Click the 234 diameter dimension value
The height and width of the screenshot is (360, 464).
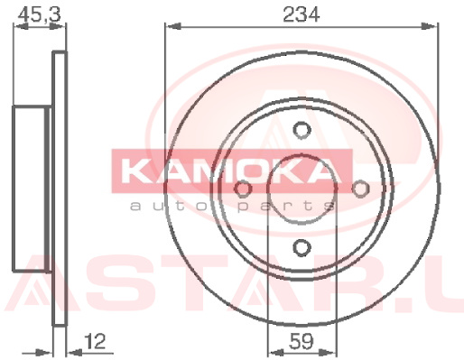(x=302, y=14)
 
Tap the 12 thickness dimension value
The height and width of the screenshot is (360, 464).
(x=95, y=341)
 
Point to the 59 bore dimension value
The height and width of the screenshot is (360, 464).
(x=302, y=341)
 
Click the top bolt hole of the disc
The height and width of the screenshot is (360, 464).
(x=302, y=130)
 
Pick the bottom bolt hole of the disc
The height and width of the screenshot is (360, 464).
(x=302, y=248)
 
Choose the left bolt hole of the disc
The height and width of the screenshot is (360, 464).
(x=243, y=189)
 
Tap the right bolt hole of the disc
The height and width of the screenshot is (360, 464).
(x=360, y=189)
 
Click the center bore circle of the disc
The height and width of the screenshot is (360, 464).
(x=302, y=154)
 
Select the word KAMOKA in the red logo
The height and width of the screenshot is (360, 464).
(x=232, y=171)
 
